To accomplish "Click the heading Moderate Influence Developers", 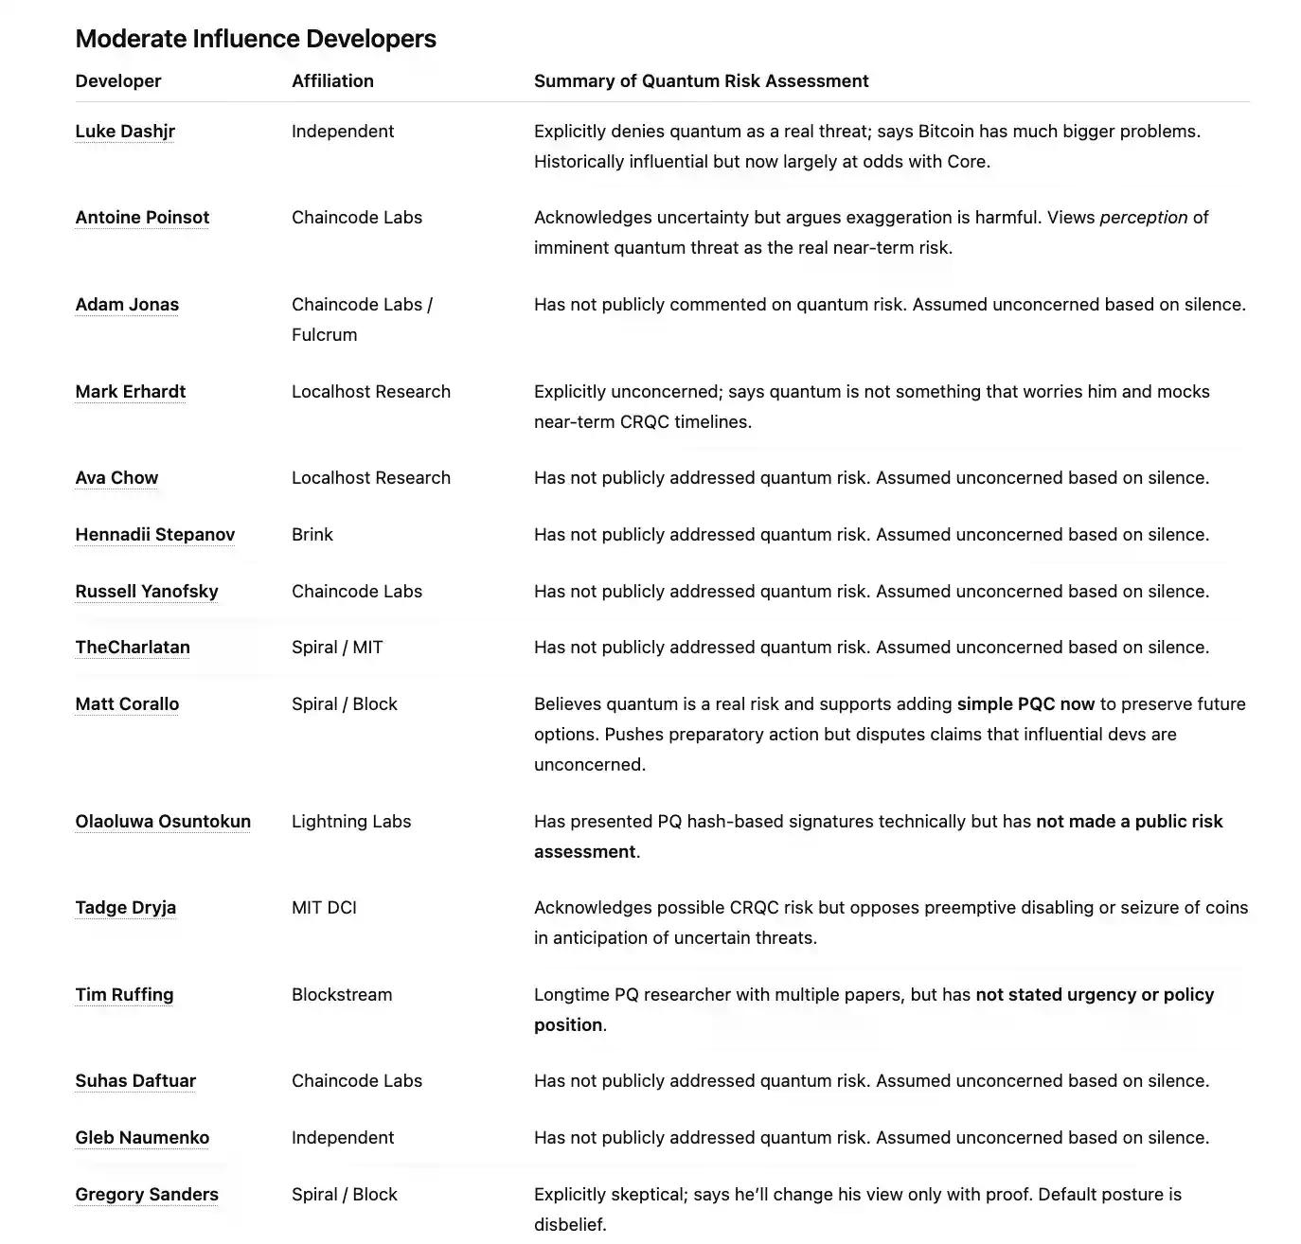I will point(256,39).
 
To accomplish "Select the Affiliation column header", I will point(332,81).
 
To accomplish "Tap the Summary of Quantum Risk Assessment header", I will point(701,81).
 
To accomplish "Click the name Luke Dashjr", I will point(125,132).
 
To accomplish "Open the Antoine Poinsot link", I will point(142,218).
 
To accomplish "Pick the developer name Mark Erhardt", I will point(131,392).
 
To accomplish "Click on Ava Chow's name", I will point(116,478).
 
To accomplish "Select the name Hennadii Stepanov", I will point(155,535).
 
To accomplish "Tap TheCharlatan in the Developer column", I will point(133,648).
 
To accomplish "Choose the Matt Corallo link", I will point(127,704).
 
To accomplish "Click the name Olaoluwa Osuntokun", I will point(163,822).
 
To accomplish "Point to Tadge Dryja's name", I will point(126,908).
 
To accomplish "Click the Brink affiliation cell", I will point(312,535).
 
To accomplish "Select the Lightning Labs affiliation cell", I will point(351,822).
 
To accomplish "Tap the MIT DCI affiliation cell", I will point(324,908).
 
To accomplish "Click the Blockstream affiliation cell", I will point(342,995).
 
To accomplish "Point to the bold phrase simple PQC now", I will point(1025,704).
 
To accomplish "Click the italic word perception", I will point(1143,218).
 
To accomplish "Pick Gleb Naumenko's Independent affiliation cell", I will point(343,1138).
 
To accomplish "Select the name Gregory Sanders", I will point(147,1195).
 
